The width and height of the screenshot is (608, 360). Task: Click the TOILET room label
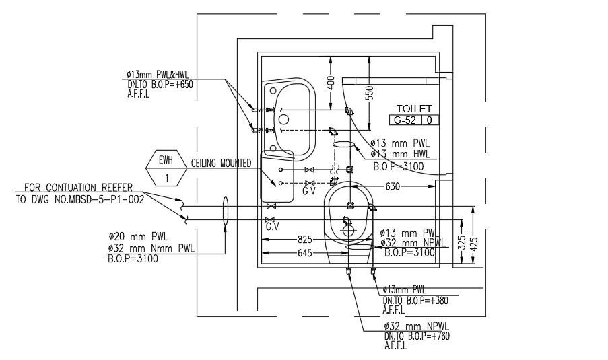(413, 109)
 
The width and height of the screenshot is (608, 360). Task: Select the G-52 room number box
(405, 120)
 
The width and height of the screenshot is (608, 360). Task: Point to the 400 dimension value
(331, 83)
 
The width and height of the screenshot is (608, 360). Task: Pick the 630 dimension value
(393, 187)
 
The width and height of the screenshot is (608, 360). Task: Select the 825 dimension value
(305, 240)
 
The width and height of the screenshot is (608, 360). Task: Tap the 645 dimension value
(305, 254)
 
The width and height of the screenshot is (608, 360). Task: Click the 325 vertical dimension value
(461, 243)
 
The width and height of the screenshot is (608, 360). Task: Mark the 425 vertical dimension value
(474, 244)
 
